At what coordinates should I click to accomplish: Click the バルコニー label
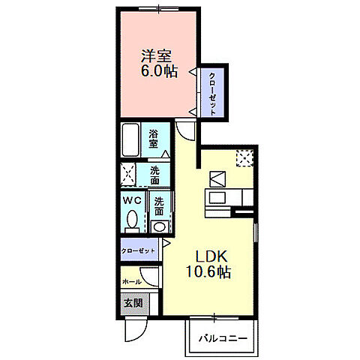pos(222,338)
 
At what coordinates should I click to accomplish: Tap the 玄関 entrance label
pos(132,304)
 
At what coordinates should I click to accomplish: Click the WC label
pos(133,201)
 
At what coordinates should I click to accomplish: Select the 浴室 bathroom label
pos(153,138)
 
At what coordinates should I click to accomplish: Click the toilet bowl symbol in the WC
pos(133,220)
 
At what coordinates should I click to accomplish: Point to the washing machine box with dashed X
pos(129,175)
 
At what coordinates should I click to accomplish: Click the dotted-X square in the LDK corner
pos(244,157)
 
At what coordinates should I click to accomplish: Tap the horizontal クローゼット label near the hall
pos(139,250)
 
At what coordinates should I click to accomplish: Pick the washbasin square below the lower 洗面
pos(158,226)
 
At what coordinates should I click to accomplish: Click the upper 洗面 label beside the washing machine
pos(154,175)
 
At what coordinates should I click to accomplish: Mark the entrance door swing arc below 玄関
pos(136,328)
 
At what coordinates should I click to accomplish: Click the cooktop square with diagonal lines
pos(217,178)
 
